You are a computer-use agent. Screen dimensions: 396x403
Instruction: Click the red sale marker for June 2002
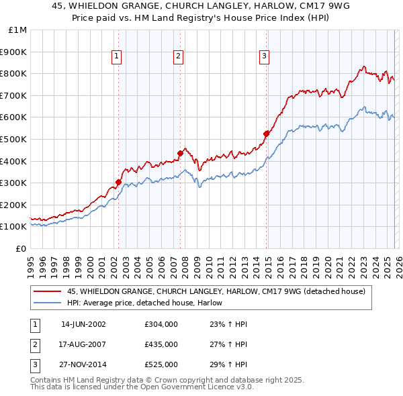(x=118, y=182)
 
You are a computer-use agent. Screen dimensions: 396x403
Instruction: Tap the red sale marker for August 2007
(x=180, y=153)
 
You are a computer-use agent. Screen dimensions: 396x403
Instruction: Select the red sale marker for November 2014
(x=266, y=134)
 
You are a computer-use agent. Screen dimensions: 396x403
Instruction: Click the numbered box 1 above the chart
(x=117, y=57)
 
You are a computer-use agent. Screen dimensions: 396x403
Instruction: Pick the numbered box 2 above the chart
(x=179, y=57)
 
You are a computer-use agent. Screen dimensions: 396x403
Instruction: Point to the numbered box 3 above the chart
(x=265, y=57)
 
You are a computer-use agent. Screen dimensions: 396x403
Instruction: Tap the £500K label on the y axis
(x=15, y=139)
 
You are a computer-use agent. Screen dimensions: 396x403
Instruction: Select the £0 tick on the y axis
(x=21, y=248)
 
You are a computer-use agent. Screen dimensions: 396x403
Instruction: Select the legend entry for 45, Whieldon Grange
(x=216, y=291)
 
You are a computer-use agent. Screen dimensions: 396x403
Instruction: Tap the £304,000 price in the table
(x=161, y=324)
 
